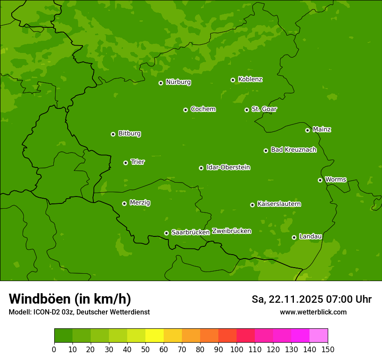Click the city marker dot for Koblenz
tap(233, 80)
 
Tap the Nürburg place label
tap(178, 82)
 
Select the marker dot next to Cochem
tap(185, 110)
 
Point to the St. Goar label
tap(264, 109)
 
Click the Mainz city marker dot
tap(307, 130)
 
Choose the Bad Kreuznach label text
tap(293, 150)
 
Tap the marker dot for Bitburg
tap(113, 134)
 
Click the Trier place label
tap(138, 162)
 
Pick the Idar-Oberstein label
tap(228, 167)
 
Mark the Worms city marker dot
tap(320, 180)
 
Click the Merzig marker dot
tap(124, 203)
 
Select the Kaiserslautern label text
tap(279, 204)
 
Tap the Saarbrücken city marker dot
tap(166, 233)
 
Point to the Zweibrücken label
tap(231, 231)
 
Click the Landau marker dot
tap(294, 237)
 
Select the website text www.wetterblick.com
tap(313, 312)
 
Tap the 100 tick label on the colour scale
tap(237, 349)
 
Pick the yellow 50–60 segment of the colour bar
tap(155, 335)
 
